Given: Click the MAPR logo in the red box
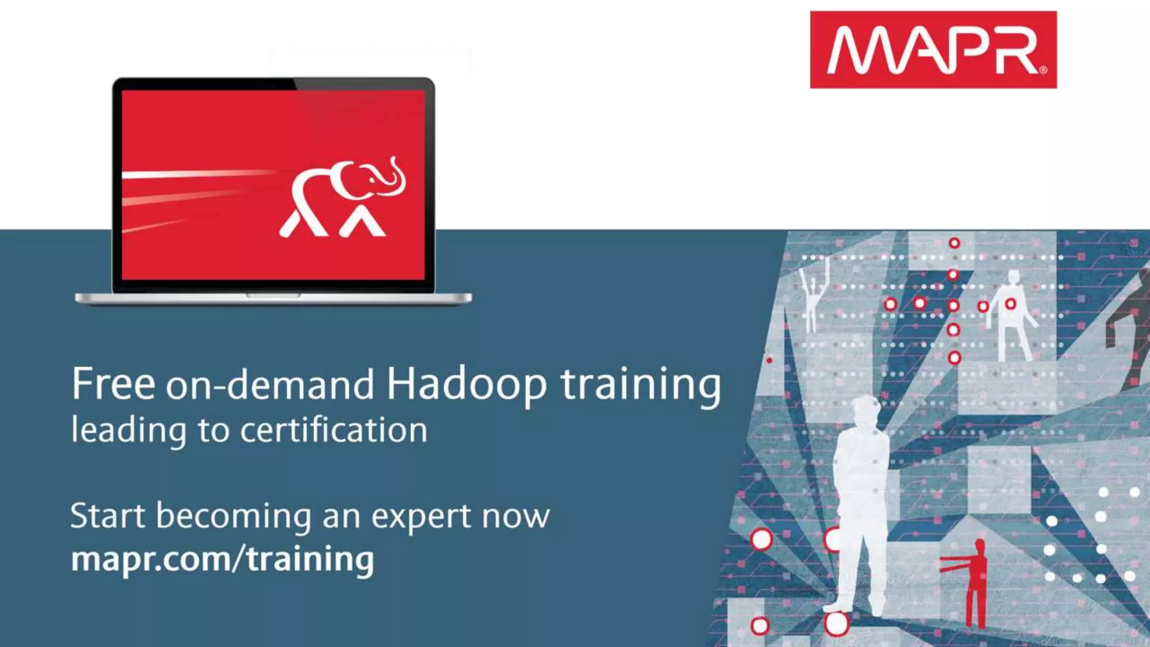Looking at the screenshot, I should (933, 50).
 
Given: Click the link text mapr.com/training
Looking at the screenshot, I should (222, 559).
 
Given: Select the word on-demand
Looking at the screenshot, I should (270, 384).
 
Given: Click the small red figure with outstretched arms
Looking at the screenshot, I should (975, 584).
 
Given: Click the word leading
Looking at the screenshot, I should (129, 431).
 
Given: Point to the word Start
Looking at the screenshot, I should (107, 516).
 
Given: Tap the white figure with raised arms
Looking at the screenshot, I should (812, 298).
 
